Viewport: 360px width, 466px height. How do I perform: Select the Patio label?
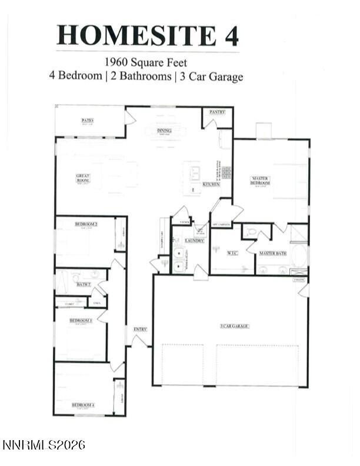[x=88, y=120]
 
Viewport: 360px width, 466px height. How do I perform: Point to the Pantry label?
[x=218, y=111]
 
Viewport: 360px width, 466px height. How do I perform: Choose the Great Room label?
[x=82, y=177]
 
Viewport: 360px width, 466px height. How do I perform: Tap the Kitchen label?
[x=211, y=184]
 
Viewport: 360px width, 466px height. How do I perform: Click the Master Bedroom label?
[x=261, y=180]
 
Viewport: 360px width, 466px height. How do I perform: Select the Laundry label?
[x=194, y=241]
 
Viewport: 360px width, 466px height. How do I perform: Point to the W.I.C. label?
[x=232, y=254]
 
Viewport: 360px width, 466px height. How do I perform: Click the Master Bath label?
[x=273, y=254]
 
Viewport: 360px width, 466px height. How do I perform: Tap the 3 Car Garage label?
[x=234, y=325]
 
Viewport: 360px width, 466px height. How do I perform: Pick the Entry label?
[x=140, y=329]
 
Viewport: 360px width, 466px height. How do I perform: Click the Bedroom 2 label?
[x=86, y=224]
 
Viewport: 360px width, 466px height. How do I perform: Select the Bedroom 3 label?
[x=81, y=321]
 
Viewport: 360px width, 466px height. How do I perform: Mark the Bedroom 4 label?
[x=84, y=405]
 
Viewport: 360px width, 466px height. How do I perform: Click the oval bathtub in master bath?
[x=299, y=256]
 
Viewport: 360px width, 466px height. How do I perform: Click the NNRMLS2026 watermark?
[x=44, y=445]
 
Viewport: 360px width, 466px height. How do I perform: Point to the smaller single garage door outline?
[x=182, y=365]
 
